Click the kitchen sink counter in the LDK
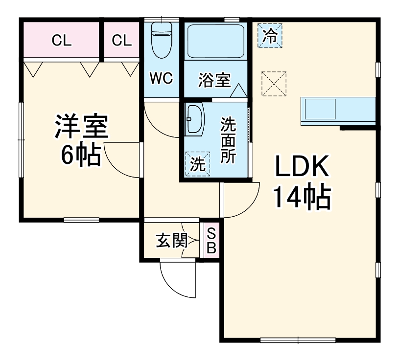coord(338,111)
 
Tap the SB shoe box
coord(211,240)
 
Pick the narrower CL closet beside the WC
coord(122,40)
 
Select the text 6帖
coord(80,155)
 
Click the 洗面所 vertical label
coord(228,141)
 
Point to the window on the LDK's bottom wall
coord(287,339)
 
